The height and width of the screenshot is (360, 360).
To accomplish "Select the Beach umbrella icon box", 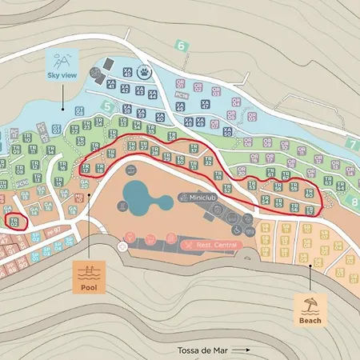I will pos(310,309).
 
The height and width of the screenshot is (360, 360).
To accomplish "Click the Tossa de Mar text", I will pos(206,350).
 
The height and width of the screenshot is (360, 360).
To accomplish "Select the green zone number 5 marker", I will pos(106,105).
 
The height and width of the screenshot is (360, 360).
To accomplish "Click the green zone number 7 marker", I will pos(352,144).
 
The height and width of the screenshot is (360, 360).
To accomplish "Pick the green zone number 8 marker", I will pos(354,202).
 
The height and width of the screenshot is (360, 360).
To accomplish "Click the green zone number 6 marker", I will pos(182,46).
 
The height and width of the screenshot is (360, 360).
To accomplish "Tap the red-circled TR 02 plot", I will pos(14,221).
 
